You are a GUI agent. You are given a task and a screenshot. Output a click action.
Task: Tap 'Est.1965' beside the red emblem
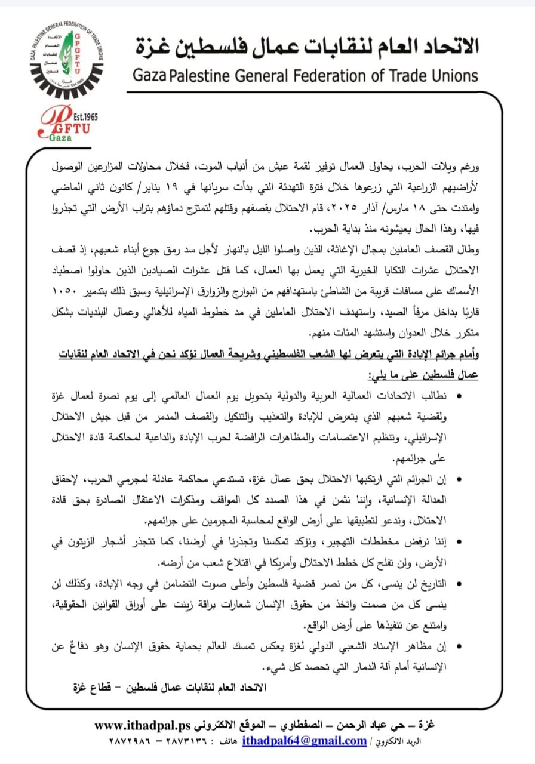tap(84, 116)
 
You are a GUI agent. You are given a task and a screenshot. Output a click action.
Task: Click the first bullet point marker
tap(459, 396)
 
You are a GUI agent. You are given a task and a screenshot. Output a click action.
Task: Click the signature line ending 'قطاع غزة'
tap(169, 686)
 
